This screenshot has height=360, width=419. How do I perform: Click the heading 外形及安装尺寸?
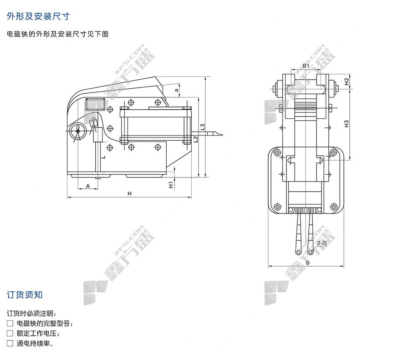[38, 16]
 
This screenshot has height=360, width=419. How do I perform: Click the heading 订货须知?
[25, 294]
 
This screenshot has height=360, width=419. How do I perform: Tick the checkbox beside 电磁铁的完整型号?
[10, 324]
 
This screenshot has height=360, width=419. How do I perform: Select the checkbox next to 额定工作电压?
[10, 334]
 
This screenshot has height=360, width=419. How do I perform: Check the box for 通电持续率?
[10, 344]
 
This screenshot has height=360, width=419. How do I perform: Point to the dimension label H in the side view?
[129, 193]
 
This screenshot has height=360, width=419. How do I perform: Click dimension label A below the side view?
[87, 186]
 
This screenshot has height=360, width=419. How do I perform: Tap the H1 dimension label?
[171, 184]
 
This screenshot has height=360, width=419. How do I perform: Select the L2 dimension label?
[195, 139]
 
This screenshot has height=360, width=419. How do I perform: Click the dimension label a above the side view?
[176, 90]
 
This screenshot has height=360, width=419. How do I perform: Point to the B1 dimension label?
[307, 66]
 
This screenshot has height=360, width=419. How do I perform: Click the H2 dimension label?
[347, 82]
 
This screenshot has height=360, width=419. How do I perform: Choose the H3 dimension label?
[347, 124]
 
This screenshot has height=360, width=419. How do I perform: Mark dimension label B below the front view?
[308, 263]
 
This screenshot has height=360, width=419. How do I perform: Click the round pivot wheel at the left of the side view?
[77, 132]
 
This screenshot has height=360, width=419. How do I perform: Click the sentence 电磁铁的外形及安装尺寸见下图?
[57, 34]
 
